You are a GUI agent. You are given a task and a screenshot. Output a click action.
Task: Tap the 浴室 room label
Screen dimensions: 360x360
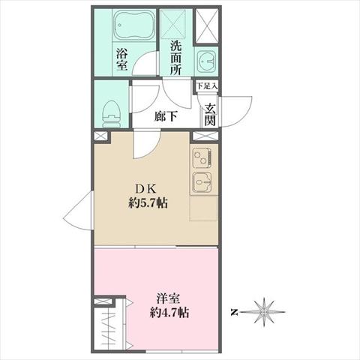coord(122,59)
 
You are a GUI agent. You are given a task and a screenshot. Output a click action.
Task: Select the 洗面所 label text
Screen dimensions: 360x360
coord(176,58)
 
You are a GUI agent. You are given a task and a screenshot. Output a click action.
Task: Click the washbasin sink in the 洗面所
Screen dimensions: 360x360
coord(206,61)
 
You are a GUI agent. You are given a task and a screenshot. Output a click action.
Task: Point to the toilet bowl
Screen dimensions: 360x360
coord(111,114)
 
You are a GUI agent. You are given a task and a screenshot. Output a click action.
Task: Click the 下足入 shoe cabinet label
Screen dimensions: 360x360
coord(206,86)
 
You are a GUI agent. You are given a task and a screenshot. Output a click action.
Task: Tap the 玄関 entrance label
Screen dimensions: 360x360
coord(210,115)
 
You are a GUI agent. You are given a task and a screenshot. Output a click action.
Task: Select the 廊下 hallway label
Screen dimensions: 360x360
coord(166,116)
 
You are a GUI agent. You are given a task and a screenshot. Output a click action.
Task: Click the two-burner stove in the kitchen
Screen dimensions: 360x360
coord(202,158)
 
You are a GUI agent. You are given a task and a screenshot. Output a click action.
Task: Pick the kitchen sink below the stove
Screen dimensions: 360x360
coord(202,181)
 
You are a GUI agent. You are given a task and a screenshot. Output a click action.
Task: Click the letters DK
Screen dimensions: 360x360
coord(145,189)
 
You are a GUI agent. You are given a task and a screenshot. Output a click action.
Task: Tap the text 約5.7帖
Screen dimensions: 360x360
coord(148,202)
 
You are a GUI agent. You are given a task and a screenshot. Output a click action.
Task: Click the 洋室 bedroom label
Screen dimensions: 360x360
coord(169,298)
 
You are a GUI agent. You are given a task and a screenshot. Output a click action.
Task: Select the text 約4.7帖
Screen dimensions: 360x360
coord(169,313)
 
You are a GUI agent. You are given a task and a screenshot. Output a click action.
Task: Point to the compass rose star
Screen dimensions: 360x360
coord(264,312)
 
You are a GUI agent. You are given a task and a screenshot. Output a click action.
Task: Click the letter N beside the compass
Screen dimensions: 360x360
coord(234,312)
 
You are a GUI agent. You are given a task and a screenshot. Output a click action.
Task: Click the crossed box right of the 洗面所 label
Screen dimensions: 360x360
coord(206,26)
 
